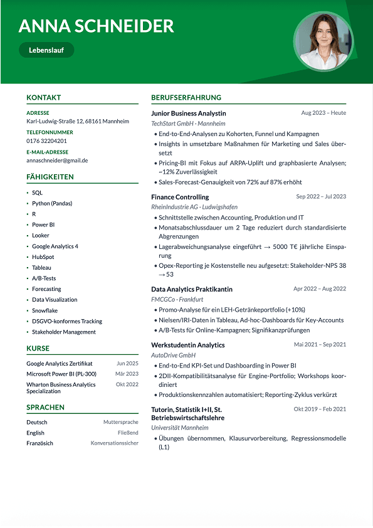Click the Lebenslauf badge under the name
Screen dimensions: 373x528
click(46, 50)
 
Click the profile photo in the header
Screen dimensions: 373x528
click(323, 42)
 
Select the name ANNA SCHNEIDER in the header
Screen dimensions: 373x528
click(96, 26)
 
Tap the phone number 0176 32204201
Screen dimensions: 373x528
click(46, 141)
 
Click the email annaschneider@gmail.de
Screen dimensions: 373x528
click(57, 161)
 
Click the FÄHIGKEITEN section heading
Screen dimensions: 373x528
click(50, 177)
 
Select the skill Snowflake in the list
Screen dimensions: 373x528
click(45, 310)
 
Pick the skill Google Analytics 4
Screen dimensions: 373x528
click(55, 246)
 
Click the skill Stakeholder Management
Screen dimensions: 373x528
click(64, 332)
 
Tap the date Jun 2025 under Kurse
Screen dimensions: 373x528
click(127, 363)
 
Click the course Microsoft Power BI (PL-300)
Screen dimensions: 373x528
click(61, 374)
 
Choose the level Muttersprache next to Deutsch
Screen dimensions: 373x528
click(121, 422)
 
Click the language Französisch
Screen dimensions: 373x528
click(39, 443)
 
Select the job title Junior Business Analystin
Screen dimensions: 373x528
click(189, 114)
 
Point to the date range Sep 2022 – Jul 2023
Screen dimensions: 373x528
click(321, 197)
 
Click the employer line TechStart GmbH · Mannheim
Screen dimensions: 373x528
click(188, 124)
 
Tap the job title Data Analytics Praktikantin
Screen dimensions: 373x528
click(192, 289)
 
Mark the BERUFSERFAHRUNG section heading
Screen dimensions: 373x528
click(186, 98)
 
